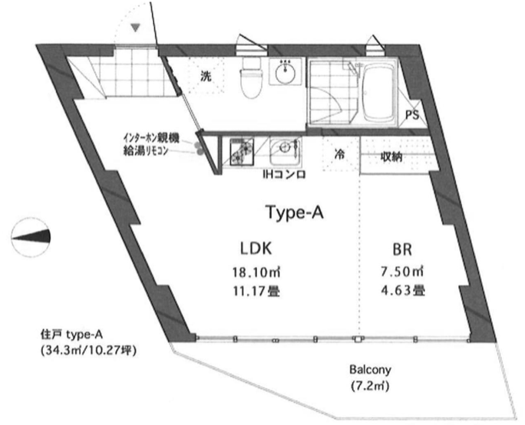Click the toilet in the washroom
pos(251,77)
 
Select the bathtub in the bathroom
pos(378,93)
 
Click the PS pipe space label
pos(412,115)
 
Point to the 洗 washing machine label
pos(206,76)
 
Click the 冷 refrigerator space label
pos(339,155)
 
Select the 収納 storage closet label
pos(391,156)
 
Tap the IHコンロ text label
pos(284,174)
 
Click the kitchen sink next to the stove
pos(286,151)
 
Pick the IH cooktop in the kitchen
pos(242,152)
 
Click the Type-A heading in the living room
pos(294,212)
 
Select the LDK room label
pos(256,249)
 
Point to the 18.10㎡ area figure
pos(256,272)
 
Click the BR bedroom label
pos(401,249)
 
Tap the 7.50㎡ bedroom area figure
pos(402,272)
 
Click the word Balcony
pos(370,370)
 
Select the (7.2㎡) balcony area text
pos(370,386)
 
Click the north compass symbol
pos(31,237)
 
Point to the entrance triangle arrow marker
pos(135,28)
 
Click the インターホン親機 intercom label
pos(151,138)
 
